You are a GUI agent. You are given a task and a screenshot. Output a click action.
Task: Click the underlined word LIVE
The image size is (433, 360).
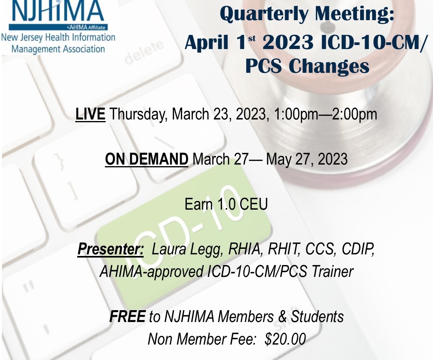(x=90, y=114)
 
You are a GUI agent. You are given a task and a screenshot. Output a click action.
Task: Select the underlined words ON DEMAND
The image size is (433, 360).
(x=146, y=159)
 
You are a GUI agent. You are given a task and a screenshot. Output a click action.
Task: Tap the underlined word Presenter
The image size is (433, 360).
(x=110, y=249)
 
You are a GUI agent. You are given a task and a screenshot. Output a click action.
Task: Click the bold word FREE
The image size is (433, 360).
(x=127, y=316)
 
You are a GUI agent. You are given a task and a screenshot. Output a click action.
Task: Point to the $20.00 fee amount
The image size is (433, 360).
(x=285, y=339)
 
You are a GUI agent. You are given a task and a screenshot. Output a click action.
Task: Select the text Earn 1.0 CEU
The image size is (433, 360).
(x=226, y=204)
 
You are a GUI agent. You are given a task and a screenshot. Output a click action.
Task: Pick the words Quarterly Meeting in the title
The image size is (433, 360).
(x=307, y=14)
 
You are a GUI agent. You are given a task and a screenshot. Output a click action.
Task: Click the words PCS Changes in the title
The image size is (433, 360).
(x=308, y=66)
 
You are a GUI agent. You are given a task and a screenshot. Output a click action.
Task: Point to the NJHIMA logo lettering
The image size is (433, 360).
(x=57, y=11)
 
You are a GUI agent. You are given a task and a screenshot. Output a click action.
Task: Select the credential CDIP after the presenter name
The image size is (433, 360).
(x=358, y=249)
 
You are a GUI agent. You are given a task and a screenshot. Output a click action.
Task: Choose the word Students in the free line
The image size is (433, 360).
(x=317, y=316)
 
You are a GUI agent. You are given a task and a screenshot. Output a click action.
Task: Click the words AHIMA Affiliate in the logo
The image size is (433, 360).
(x=86, y=27)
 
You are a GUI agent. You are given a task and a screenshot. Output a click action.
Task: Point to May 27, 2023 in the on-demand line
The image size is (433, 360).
(x=306, y=159)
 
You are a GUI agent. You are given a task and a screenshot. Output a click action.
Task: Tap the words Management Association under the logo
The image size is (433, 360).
(x=58, y=49)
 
